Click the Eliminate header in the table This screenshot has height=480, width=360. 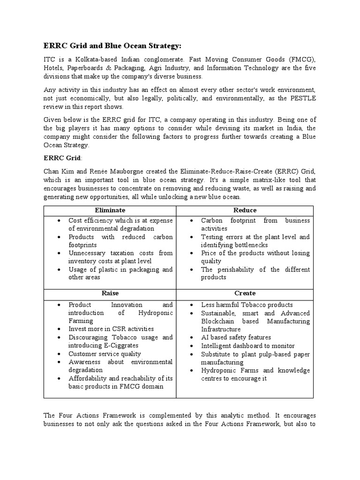(110, 210)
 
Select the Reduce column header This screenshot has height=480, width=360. (245, 210)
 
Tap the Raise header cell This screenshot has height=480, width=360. (110, 293)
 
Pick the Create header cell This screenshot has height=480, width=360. (245, 293)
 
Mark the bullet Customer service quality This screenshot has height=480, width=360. (105, 354)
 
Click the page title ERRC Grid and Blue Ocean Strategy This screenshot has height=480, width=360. (112, 45)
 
